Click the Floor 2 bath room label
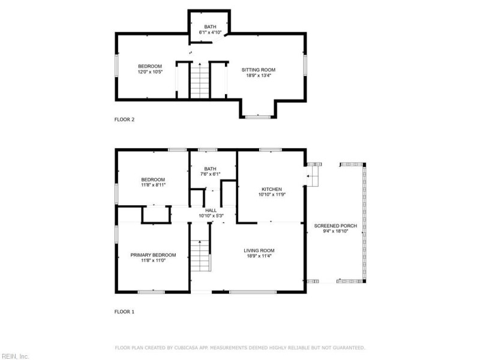(210, 27)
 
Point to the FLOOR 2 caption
(124, 119)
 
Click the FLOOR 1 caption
(124, 311)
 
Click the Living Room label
(259, 250)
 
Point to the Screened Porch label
(335, 226)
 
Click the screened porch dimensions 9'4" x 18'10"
(335, 231)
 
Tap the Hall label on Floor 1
(211, 210)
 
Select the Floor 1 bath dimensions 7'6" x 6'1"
(211, 175)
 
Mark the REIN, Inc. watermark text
(15, 356)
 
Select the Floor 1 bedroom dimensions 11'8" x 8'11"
(153, 185)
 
